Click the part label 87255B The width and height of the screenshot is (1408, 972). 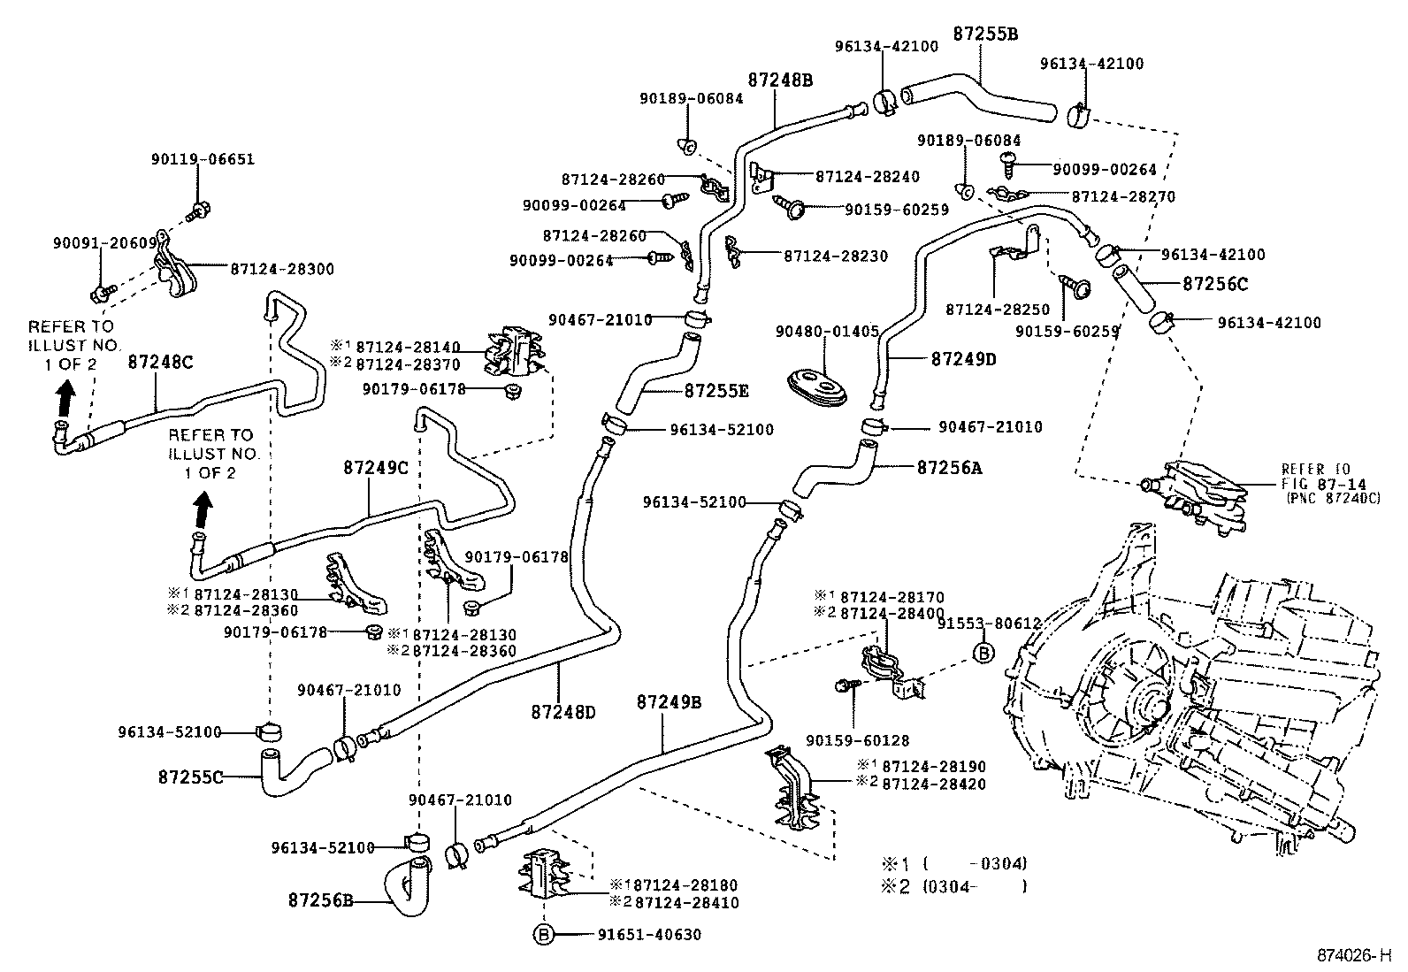click(x=985, y=34)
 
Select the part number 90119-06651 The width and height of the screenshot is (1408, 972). click(x=203, y=159)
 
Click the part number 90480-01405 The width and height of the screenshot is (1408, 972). click(x=827, y=332)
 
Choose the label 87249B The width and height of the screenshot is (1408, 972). click(x=669, y=702)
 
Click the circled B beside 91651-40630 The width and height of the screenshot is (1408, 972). click(x=542, y=934)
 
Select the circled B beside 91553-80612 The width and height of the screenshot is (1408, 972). click(x=983, y=653)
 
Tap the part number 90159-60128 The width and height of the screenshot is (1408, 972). click(x=857, y=741)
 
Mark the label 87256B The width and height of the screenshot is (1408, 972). click(x=321, y=901)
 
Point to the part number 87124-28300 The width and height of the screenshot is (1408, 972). click(x=282, y=268)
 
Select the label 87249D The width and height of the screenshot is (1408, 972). click(x=963, y=359)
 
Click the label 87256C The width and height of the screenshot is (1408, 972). click(x=1215, y=284)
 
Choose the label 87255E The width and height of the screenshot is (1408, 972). click(x=716, y=390)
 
